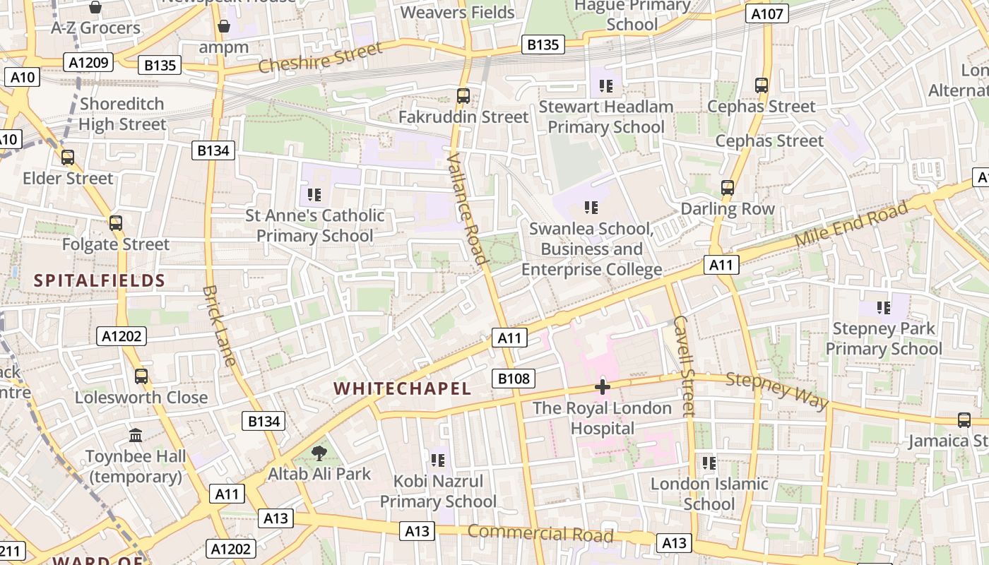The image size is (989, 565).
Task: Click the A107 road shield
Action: [x=767, y=13]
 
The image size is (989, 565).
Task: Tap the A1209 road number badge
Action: [x=89, y=63]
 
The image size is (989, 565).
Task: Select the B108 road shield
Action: [x=514, y=379]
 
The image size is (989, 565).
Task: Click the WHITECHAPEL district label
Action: [x=402, y=388]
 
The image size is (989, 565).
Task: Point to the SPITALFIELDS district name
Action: [x=100, y=280]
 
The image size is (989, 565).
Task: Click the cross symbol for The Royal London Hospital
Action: [x=603, y=387]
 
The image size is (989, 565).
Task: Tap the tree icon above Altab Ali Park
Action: [x=319, y=453]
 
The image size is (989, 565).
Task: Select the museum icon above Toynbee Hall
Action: [x=136, y=436]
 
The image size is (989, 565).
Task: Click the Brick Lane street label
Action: [x=219, y=325]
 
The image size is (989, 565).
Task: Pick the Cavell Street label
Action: [x=684, y=366]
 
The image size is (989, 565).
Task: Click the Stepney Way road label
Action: [x=777, y=391]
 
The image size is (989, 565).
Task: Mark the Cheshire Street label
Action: [x=320, y=57]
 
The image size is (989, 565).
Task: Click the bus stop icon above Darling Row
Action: [x=728, y=188]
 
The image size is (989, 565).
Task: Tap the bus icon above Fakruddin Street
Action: [x=463, y=95]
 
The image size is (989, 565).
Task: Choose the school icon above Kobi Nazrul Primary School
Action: [x=438, y=460]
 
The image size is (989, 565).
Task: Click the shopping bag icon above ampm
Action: [x=224, y=27]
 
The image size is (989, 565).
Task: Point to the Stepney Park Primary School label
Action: [x=884, y=338]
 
